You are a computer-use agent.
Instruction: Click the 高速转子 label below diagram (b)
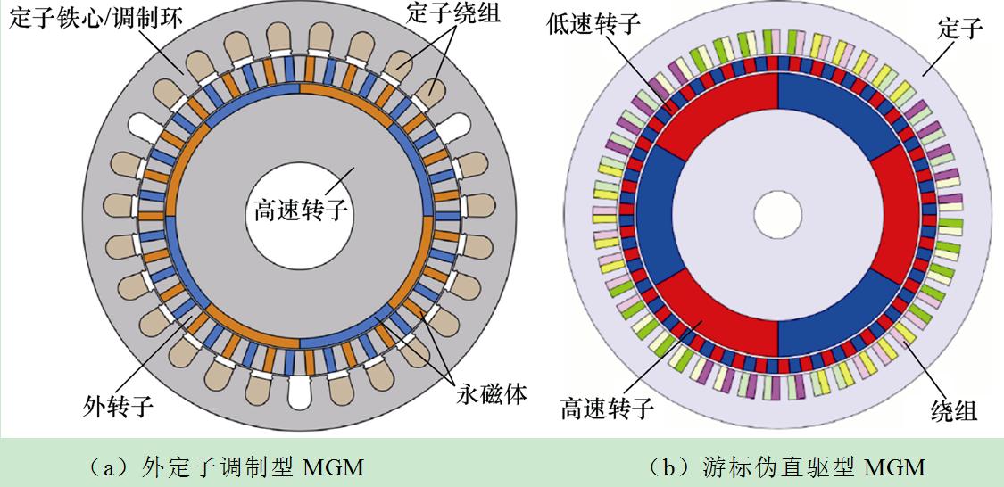[607, 409]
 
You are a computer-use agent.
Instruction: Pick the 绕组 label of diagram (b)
[953, 409]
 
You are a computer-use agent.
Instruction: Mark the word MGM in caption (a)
[336, 466]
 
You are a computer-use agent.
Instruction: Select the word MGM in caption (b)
[895, 466]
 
